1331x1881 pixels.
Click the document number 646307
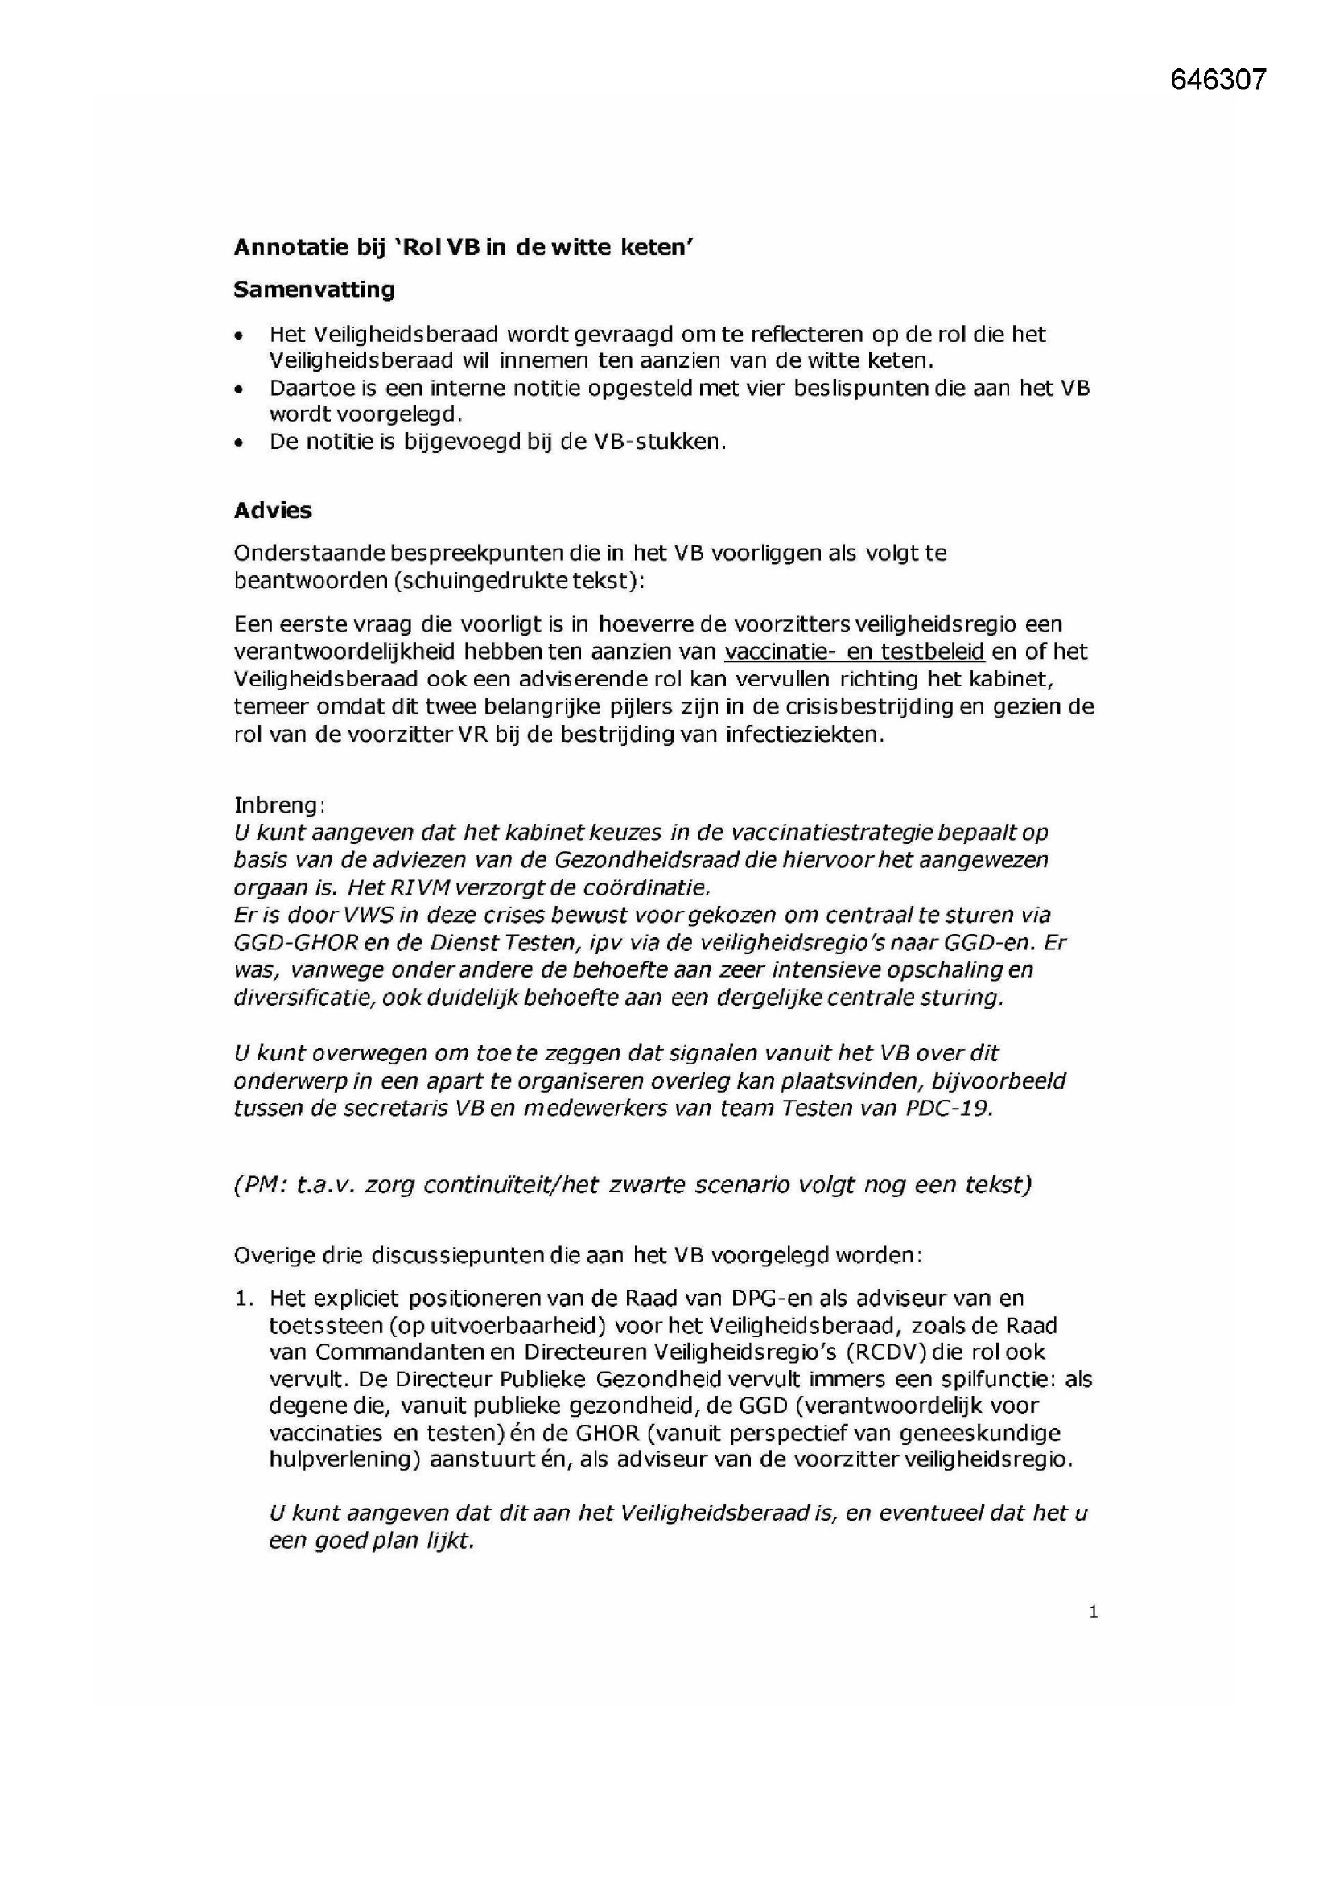1218,80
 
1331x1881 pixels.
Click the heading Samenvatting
314,289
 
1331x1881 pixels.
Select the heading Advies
273,510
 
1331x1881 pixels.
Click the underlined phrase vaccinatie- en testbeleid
853,652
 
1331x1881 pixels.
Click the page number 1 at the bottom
1093,1612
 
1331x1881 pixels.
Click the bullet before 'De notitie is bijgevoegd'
238,443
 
